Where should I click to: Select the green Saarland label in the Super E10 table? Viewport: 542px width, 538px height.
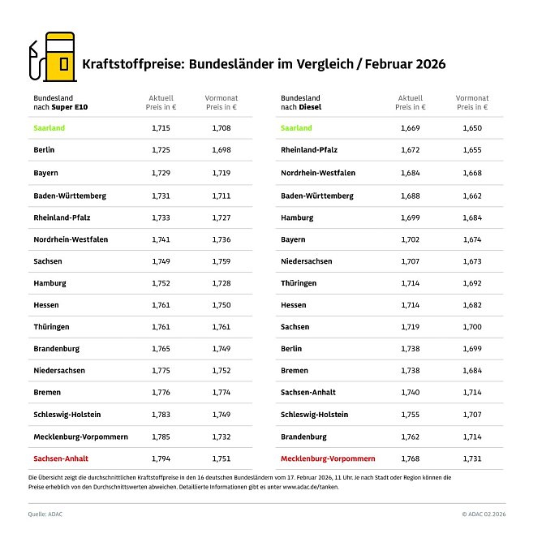pos(49,128)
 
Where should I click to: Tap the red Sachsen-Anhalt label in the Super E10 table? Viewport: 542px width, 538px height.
pos(62,458)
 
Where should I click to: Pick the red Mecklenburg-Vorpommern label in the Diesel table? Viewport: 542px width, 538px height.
pos(328,458)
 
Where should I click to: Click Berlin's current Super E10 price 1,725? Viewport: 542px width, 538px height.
pos(161,150)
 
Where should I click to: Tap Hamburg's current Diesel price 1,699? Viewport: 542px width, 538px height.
pos(411,217)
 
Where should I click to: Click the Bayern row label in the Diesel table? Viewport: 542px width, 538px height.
pos(293,239)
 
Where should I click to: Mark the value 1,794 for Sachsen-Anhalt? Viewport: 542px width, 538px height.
pos(161,458)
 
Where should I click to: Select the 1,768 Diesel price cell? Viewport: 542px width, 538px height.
pos(411,458)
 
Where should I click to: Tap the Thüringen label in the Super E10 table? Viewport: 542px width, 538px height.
pos(53,326)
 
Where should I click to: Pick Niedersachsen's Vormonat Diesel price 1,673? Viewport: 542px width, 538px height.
pos(472,261)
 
